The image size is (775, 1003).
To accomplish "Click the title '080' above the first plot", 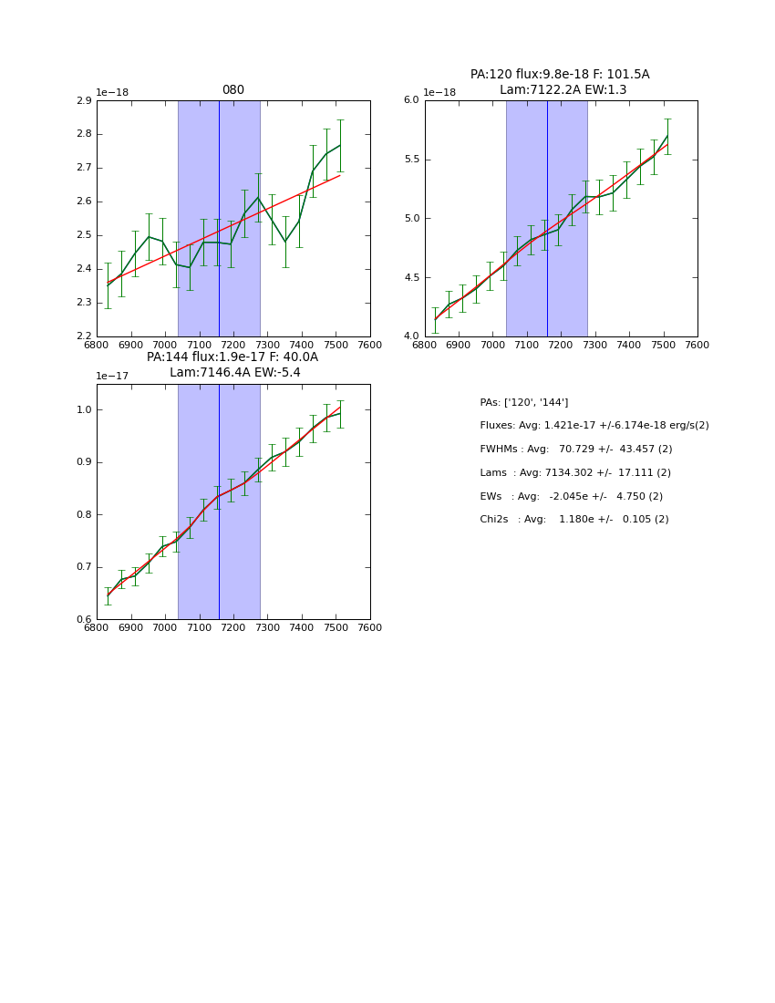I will pos(233,90).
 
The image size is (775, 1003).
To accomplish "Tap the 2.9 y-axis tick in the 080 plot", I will pos(84,100).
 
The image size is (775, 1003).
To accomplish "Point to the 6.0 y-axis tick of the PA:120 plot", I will pos(411,100).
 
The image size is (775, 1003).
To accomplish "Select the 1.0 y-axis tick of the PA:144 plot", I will pos(84,410).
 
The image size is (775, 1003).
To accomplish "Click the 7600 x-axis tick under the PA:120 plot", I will pos(697,346).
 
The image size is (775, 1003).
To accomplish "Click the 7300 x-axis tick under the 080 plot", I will pos(267,346).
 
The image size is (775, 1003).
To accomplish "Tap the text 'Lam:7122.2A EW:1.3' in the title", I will pos(562,89).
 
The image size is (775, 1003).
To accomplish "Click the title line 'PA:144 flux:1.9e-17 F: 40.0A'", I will pos(232,357).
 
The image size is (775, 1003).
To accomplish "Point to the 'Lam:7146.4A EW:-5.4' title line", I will pos(234,373).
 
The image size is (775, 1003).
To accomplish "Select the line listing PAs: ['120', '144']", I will pos(523,402).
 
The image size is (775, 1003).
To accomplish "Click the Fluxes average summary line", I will pos(594,426).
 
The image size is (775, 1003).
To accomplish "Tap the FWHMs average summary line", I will pos(575,450).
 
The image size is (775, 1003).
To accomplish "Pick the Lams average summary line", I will pos(574,473).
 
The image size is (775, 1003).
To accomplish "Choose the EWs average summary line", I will pos(571,497).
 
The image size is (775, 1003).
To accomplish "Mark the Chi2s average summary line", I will pos(573,520).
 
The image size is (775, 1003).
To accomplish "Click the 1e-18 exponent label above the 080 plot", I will pos(112,93).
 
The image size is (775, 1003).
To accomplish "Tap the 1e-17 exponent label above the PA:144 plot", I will pos(112,377).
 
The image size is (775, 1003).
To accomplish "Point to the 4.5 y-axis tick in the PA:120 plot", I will pos(411,278).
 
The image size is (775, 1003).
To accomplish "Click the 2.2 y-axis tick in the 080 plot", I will pos(84,336).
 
